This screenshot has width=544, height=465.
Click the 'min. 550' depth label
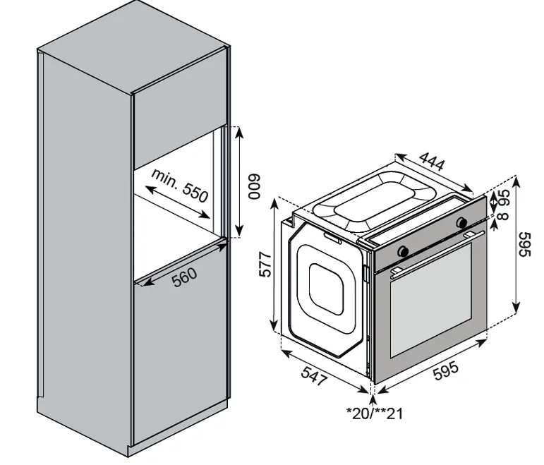pyautogui.click(x=179, y=185)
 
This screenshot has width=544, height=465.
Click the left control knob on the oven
pyautogui.click(x=404, y=250)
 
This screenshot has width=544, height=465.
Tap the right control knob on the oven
pyautogui.click(x=462, y=223)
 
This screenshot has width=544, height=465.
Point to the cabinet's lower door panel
pyautogui.click(x=180, y=360)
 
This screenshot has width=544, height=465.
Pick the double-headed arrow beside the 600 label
pyautogui.click(x=238, y=181)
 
